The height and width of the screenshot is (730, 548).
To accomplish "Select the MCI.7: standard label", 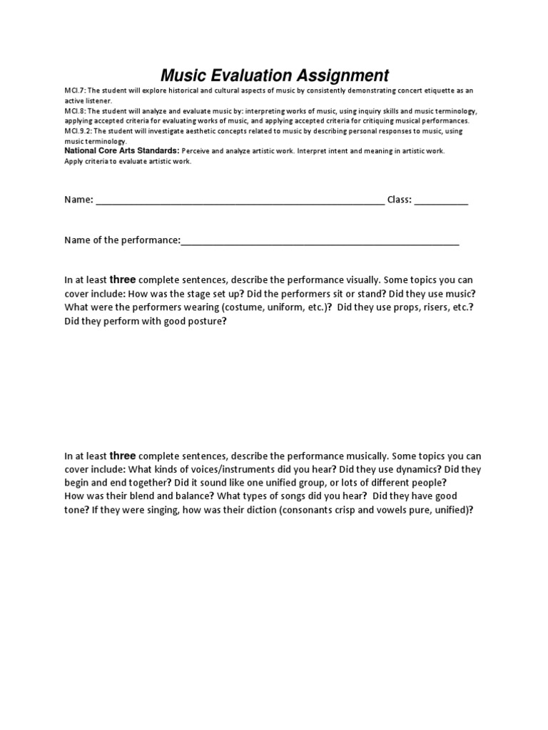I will pos(75,91).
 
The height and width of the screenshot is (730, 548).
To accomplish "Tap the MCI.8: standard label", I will pos(75,112).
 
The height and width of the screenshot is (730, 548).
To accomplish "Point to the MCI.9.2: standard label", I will pos(78,132).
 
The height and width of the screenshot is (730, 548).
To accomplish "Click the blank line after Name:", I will pos(240,200).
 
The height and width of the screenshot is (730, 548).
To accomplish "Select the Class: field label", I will pos(399,200).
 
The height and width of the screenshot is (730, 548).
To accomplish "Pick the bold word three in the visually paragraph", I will pos(123,279).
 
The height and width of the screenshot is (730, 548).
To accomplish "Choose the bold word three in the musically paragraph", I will pos(123,456).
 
